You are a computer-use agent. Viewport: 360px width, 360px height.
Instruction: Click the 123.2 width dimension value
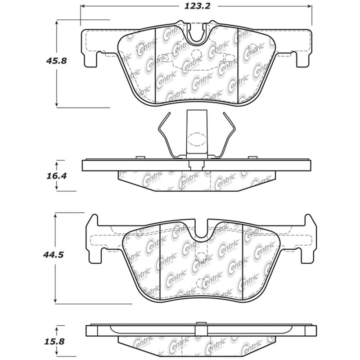195,6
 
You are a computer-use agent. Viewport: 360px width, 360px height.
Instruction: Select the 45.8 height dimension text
57,60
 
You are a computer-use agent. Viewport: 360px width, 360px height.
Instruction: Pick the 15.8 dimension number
55,341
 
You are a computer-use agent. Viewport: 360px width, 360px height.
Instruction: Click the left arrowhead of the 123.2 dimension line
82,6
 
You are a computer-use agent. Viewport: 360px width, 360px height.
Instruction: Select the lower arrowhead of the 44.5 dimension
55,300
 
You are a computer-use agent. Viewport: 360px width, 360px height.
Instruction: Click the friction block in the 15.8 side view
198,344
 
